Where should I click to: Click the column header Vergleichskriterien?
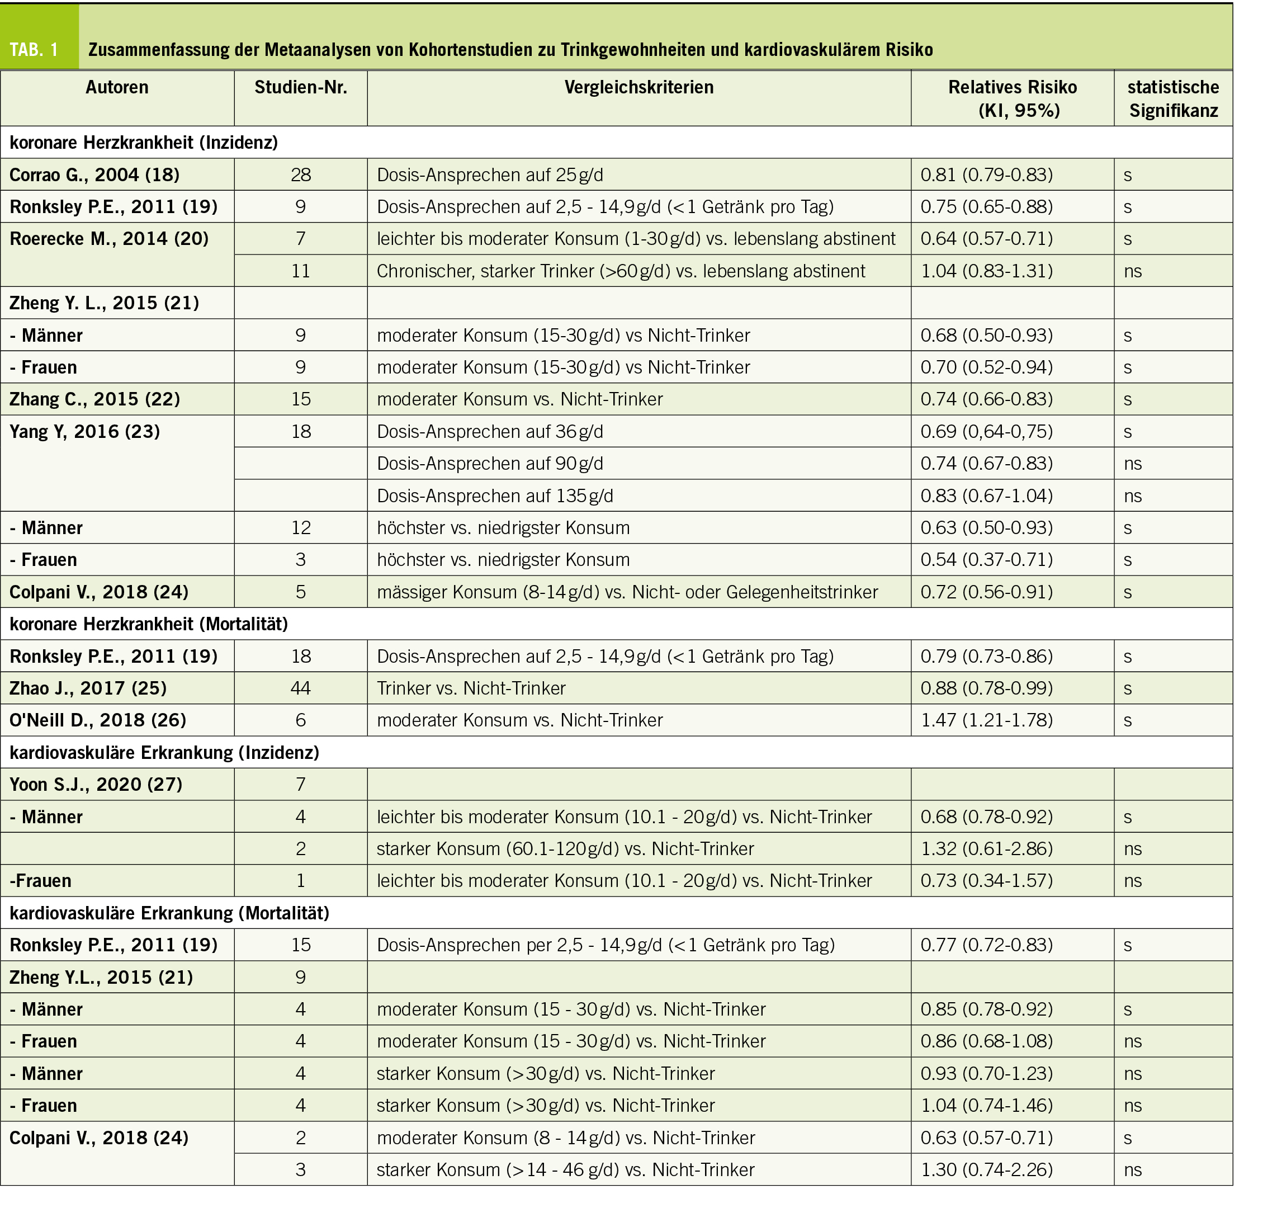pyautogui.click(x=638, y=88)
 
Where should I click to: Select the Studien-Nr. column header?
pyautogui.click(x=301, y=88)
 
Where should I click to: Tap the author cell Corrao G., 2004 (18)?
pyautogui.click(x=94, y=174)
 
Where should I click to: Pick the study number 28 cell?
pyautogui.click(x=301, y=174)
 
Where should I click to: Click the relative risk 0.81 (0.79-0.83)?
pyautogui.click(x=986, y=174)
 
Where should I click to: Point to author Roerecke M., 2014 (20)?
pyautogui.click(x=110, y=239)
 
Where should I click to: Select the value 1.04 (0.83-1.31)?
pyautogui.click(x=986, y=271)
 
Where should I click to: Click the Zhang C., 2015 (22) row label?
pyautogui.click(x=94, y=399)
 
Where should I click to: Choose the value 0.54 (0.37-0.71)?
pyautogui.click(x=986, y=560)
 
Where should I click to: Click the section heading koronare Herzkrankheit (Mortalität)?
pyautogui.click(x=149, y=624)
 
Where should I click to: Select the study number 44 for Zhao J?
pyautogui.click(x=301, y=688)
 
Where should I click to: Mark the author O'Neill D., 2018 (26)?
pyautogui.click(x=98, y=720)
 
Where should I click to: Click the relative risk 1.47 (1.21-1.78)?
pyautogui.click(x=986, y=720)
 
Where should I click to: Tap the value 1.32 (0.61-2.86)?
pyautogui.click(x=986, y=849)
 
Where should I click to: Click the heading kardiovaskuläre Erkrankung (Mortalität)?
pyautogui.click(x=169, y=913)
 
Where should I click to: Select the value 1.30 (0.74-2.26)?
pyautogui.click(x=986, y=1169)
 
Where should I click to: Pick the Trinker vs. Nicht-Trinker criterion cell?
pyautogui.click(x=471, y=688)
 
